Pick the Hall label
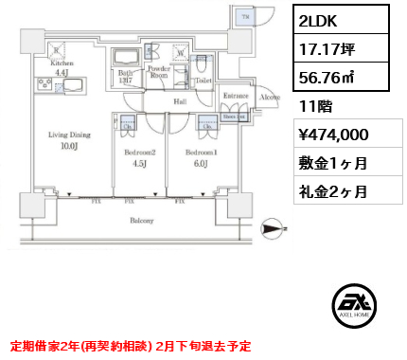[x=179, y=101]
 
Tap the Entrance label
[x=234, y=96]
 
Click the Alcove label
[x=268, y=97]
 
